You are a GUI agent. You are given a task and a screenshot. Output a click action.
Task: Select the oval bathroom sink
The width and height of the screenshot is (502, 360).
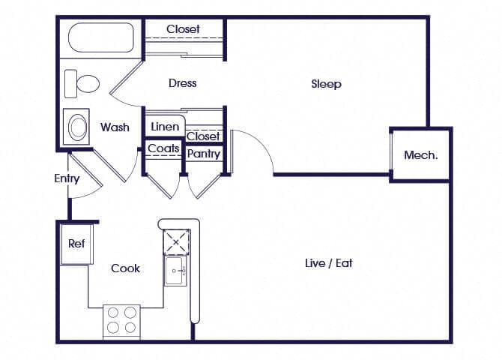coord(78,126)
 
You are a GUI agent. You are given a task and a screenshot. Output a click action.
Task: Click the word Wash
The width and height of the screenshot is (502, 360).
coord(115,127)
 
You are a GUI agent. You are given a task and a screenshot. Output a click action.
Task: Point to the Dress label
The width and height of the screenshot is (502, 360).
coord(182,82)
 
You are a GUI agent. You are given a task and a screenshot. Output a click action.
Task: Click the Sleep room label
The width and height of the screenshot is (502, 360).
coord(326,83)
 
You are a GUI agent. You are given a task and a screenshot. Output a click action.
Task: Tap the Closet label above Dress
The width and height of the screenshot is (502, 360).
coord(183,28)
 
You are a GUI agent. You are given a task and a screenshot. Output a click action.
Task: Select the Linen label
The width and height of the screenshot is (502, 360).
coord(164,127)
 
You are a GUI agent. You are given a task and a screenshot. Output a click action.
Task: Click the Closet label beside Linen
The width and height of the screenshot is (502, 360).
coord(203,136)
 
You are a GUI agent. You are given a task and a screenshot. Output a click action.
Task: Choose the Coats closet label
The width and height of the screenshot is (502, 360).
coord(163,148)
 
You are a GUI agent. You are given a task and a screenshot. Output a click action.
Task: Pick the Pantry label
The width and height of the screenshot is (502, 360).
coord(204,154)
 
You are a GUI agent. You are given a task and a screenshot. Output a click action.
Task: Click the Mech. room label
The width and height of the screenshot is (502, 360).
coord(420,155)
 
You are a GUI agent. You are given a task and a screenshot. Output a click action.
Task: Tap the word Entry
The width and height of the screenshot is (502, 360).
coord(67,178)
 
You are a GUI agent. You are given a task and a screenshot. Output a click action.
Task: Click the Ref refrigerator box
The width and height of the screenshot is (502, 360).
coord(76,244)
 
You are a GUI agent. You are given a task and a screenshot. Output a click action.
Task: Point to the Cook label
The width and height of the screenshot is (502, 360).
coord(125,268)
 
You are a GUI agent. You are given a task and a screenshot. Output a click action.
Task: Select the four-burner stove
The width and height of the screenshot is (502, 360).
coord(121,319)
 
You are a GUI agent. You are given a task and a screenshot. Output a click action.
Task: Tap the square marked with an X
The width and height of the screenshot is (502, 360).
coord(178,241)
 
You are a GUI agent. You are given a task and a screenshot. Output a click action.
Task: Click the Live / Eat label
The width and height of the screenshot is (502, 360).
coord(328,262)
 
